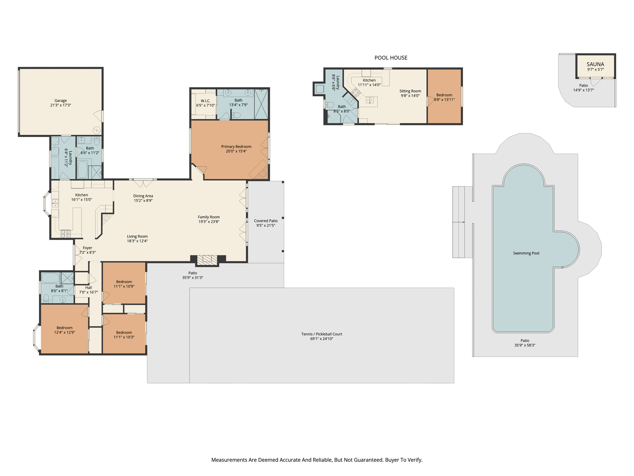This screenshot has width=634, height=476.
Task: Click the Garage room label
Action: [61, 101]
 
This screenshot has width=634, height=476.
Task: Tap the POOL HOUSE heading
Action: [391, 58]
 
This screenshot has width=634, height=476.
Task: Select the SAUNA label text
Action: [595, 64]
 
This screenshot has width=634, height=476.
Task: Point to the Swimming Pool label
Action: [526, 253]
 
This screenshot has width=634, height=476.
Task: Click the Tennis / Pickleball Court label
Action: [322, 334]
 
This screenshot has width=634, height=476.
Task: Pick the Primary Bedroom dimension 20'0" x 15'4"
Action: [236, 151]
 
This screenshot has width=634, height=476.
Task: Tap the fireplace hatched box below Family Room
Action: [207, 260]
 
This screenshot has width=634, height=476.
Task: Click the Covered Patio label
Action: [266, 221]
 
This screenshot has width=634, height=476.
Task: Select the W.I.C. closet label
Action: [205, 101]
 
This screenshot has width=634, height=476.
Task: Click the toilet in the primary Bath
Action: [236, 115]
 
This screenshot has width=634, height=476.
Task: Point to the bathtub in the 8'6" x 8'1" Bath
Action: [50, 278]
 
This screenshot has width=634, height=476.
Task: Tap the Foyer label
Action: [87, 248]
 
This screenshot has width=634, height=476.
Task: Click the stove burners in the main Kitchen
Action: [66, 234]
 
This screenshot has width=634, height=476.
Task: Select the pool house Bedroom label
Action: [444, 95]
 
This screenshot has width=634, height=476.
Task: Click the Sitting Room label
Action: [410, 91]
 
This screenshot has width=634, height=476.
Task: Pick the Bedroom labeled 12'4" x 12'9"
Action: [64, 328]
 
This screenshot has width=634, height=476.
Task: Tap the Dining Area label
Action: [143, 196]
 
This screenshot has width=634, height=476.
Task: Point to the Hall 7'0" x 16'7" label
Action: [89, 288]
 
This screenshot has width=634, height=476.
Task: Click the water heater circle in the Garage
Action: [97, 130]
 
